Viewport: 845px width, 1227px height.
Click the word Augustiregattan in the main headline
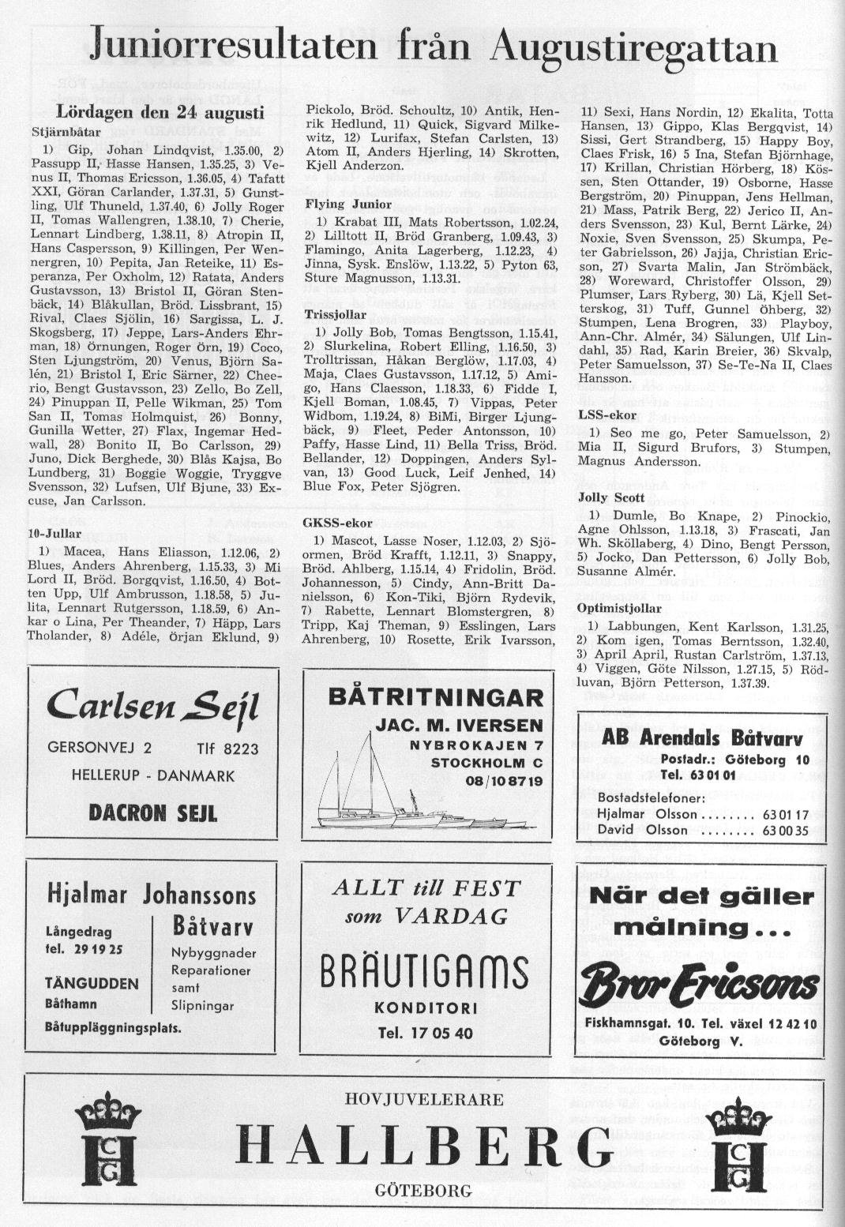(633, 48)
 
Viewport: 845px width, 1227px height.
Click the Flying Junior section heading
(337, 204)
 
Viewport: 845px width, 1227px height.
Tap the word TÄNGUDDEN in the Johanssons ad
(92, 984)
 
